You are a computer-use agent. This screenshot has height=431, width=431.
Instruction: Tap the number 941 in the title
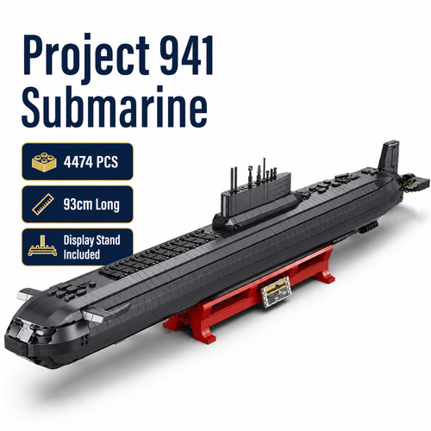click(187, 55)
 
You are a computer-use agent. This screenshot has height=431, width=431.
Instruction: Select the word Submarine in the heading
click(115, 108)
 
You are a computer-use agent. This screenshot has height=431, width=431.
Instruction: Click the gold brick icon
click(44, 162)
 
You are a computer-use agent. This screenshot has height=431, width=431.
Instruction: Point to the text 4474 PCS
click(91, 162)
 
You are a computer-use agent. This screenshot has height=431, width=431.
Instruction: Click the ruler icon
click(43, 204)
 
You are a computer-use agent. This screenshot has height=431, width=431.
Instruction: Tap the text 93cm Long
click(91, 204)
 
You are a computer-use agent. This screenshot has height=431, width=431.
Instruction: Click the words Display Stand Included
click(91, 247)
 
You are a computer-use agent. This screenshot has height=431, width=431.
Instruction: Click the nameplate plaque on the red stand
click(275, 291)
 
